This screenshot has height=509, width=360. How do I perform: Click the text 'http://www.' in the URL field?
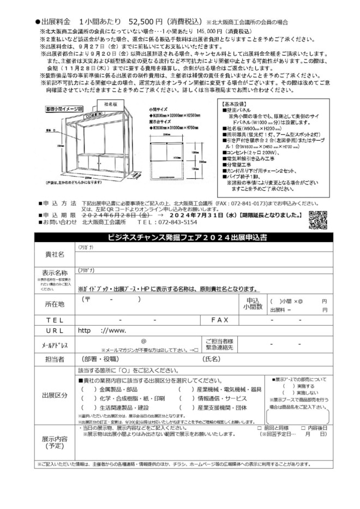(102, 331)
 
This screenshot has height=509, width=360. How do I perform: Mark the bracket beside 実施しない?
(289, 393)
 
